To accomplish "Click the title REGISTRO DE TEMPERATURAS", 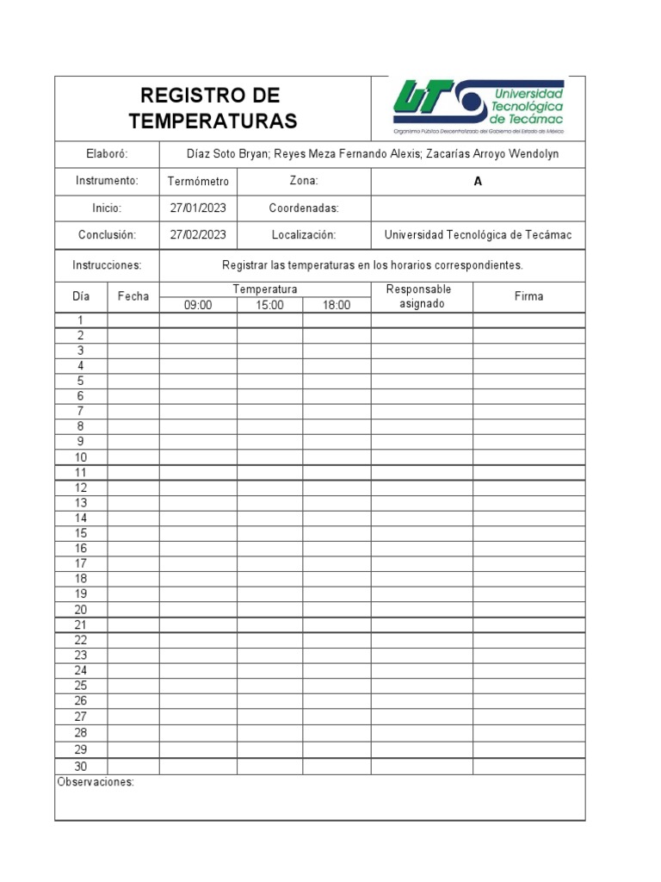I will pyautogui.click(x=213, y=108).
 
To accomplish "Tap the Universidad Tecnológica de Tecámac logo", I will pyautogui.click(x=479, y=109).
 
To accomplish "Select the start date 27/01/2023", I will pyautogui.click(x=198, y=208).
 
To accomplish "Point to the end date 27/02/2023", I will pyautogui.click(x=198, y=234).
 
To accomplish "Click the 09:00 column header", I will pyautogui.click(x=198, y=305).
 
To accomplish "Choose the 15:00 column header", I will pyautogui.click(x=269, y=305).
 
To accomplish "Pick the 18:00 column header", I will pyautogui.click(x=337, y=305).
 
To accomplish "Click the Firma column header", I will pyautogui.click(x=528, y=296).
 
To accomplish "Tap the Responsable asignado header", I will pyautogui.click(x=422, y=296).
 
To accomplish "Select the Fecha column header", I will pyautogui.click(x=133, y=296).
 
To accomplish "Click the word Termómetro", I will pyautogui.click(x=198, y=182).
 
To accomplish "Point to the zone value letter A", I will pyautogui.click(x=478, y=182).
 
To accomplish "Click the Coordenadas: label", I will pyautogui.click(x=304, y=208).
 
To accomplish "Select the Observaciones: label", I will pyautogui.click(x=96, y=783).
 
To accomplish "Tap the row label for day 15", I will pyautogui.click(x=81, y=533).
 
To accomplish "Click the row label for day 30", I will pyautogui.click(x=81, y=767).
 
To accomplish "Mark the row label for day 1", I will pyautogui.click(x=81, y=320).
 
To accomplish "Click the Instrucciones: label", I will pyautogui.click(x=107, y=265).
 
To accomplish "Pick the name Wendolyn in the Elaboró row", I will pyautogui.click(x=534, y=154).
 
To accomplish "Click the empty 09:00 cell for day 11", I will pyautogui.click(x=198, y=473).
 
